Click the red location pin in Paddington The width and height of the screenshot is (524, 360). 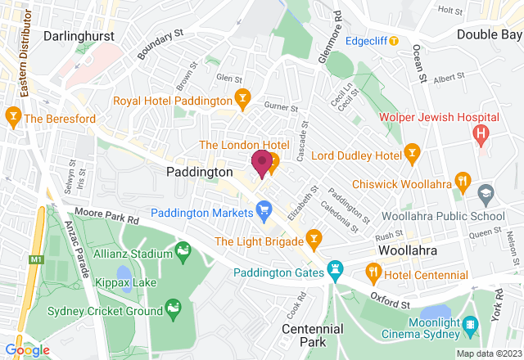click(262, 163)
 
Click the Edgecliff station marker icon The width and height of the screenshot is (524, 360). click(394, 40)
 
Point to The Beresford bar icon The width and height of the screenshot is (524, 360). click(13, 119)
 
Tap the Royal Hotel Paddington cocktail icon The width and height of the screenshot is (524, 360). click(242, 101)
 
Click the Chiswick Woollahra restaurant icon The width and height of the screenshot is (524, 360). click(463, 182)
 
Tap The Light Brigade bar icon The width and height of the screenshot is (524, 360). click(313, 241)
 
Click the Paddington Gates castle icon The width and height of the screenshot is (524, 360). click(335, 268)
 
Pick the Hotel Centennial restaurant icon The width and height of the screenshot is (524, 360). click(373, 271)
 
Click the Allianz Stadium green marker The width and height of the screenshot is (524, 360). click(183, 249)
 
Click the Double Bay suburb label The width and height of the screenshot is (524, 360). click(489, 34)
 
